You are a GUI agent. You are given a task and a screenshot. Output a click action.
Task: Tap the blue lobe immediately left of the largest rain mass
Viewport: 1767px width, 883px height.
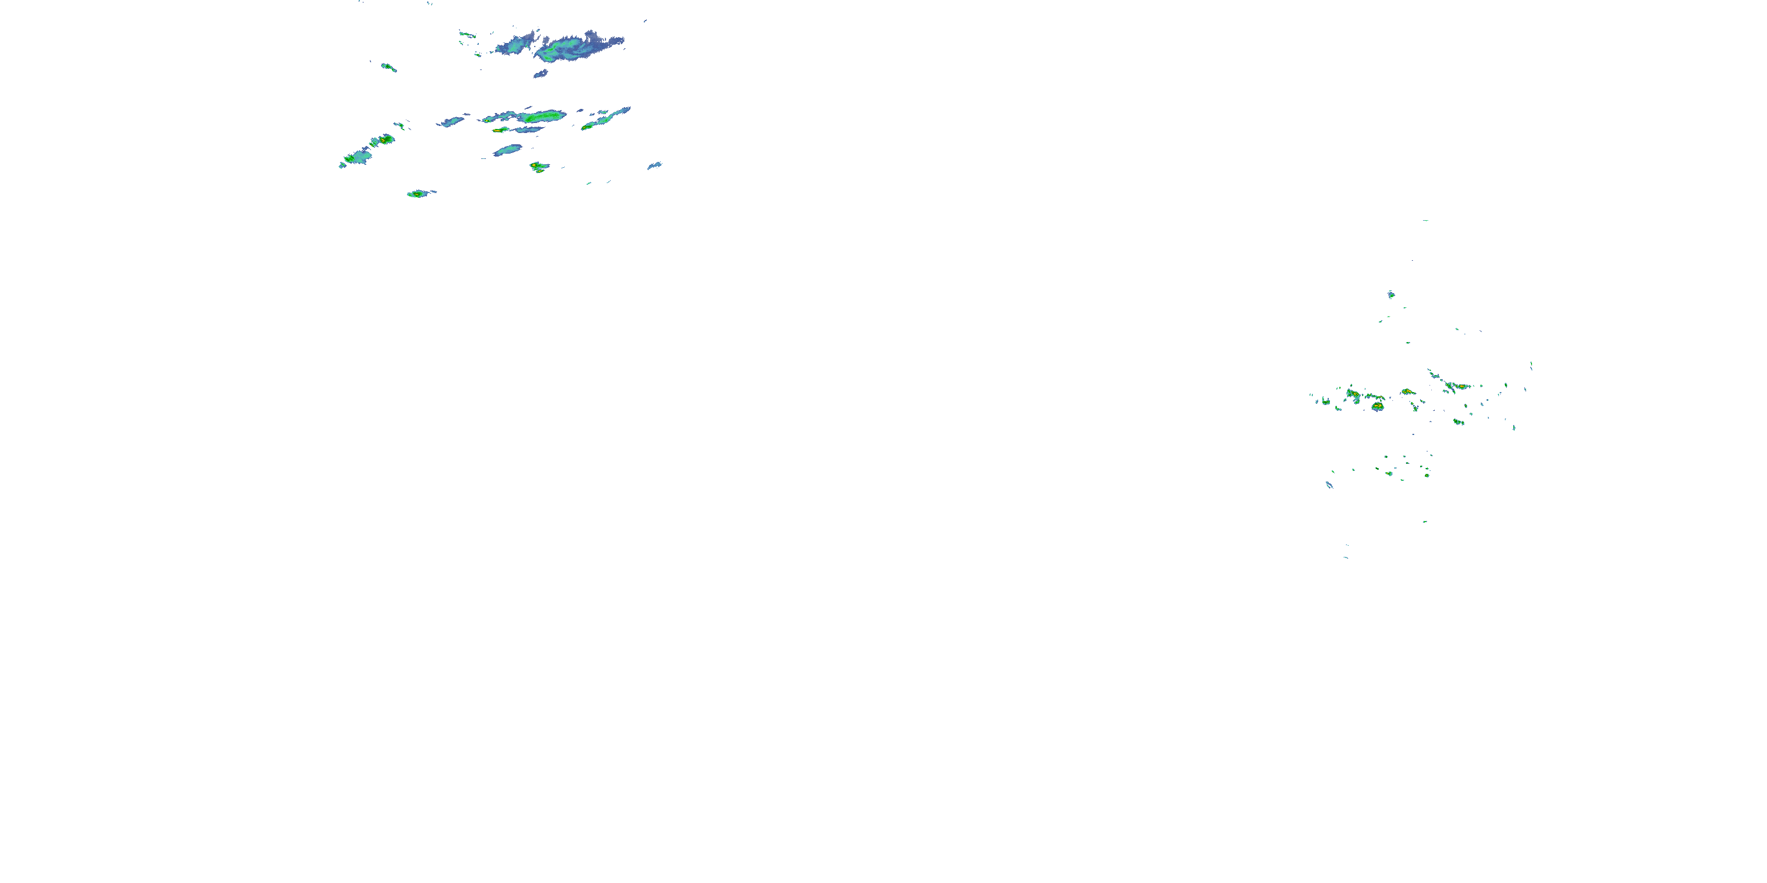tap(516, 45)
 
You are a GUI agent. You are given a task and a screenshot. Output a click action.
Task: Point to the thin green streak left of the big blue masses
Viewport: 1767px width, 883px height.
tap(467, 34)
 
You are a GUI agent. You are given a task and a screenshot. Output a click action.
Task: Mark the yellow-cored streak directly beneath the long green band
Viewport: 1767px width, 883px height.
tap(500, 130)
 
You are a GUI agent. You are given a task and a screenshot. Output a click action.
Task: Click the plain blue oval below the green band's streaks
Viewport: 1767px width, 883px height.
tap(508, 150)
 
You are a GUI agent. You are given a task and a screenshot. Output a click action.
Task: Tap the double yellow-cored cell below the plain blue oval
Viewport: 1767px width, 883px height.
tap(538, 166)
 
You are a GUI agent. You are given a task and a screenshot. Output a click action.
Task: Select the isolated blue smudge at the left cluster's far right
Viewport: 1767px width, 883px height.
tap(654, 165)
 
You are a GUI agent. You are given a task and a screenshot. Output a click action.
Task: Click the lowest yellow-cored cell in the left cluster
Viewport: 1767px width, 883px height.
tap(417, 194)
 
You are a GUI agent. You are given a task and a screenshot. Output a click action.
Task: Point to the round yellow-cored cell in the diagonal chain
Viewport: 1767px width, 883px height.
tap(386, 139)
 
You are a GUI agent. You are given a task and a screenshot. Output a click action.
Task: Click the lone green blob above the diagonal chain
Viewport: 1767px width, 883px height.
tap(388, 67)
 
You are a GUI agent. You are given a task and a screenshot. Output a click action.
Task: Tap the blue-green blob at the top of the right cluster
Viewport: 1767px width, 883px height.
tap(1391, 295)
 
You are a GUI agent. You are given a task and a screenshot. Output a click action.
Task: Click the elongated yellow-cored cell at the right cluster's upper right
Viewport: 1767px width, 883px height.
tap(1461, 387)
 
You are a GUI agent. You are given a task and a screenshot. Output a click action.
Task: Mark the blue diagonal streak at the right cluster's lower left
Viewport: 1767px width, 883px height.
tap(1329, 484)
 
